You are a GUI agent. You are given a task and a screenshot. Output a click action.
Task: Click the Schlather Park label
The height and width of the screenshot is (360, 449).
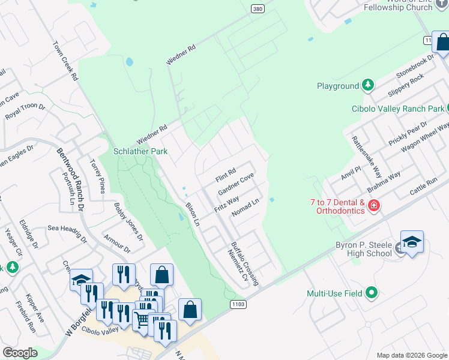pyautogui.click(x=141, y=152)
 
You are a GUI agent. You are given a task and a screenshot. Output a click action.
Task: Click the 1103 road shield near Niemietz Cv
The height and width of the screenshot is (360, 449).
pyautogui.click(x=238, y=305)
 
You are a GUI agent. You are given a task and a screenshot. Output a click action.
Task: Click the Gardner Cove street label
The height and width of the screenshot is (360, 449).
pyautogui.click(x=236, y=184)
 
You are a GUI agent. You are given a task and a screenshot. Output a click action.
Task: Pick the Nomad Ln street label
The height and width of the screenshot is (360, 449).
pyautogui.click(x=245, y=207)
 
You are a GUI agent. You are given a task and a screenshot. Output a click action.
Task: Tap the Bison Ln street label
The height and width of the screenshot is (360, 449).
pyautogui.click(x=192, y=211)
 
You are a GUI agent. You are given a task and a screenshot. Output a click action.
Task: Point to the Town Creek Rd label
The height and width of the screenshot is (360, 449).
pyautogui.click(x=65, y=61)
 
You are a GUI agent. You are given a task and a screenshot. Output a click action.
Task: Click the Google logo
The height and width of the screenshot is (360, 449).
pyautogui.click(x=20, y=353)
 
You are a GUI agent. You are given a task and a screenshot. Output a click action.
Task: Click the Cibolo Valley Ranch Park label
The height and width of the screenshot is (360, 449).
pyautogui.click(x=397, y=109)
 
